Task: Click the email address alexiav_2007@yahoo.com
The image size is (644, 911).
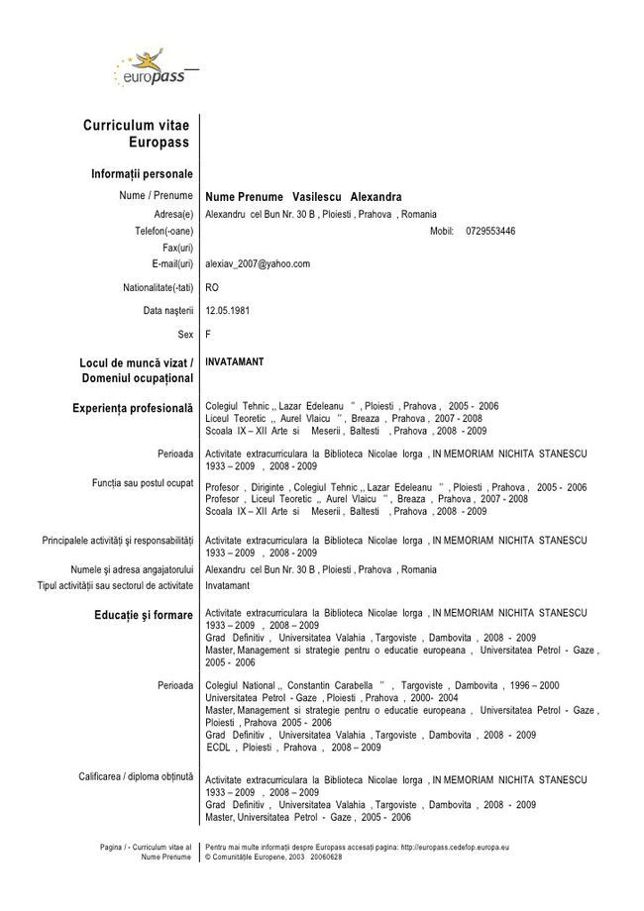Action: click(258, 264)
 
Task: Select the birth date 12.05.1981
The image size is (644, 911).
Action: click(227, 310)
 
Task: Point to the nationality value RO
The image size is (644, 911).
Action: click(212, 287)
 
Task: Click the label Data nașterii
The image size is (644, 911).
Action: click(167, 310)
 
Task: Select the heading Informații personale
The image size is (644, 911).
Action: click(142, 174)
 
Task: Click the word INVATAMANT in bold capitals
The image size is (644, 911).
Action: click(235, 362)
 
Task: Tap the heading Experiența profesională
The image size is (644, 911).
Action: click(132, 408)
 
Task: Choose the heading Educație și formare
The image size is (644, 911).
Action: click(143, 615)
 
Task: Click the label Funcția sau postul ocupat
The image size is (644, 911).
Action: click(142, 482)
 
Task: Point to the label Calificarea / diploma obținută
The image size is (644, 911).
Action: click(136, 775)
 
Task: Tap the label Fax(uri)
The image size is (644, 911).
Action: click(177, 248)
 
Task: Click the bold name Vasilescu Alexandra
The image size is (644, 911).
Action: click(347, 197)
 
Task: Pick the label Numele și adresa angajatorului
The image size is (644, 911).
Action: click(132, 570)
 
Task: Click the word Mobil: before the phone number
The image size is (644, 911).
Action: click(442, 231)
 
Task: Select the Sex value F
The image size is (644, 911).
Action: click(208, 334)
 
